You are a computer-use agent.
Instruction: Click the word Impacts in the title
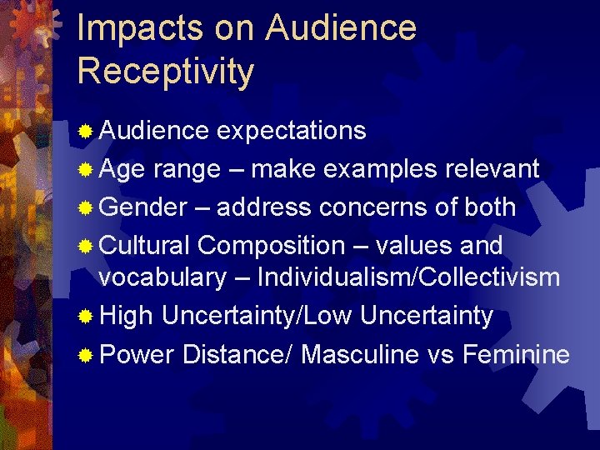[x=137, y=27]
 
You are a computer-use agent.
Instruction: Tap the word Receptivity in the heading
[x=165, y=71]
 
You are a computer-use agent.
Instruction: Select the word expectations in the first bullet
[x=291, y=131]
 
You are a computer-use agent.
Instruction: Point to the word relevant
[x=491, y=169]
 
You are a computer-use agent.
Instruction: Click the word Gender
[x=142, y=207]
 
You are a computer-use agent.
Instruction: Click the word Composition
[x=271, y=246]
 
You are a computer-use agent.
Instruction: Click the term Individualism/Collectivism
[x=408, y=277]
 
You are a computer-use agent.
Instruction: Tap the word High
[x=126, y=317]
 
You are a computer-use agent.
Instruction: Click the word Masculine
[x=360, y=355]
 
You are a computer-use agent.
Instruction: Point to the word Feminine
[x=516, y=355]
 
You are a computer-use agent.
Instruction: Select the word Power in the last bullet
[x=137, y=355]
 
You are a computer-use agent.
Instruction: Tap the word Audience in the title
[x=341, y=27]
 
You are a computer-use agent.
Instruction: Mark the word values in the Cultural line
[x=400, y=246]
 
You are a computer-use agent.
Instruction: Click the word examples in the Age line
[x=380, y=169]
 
